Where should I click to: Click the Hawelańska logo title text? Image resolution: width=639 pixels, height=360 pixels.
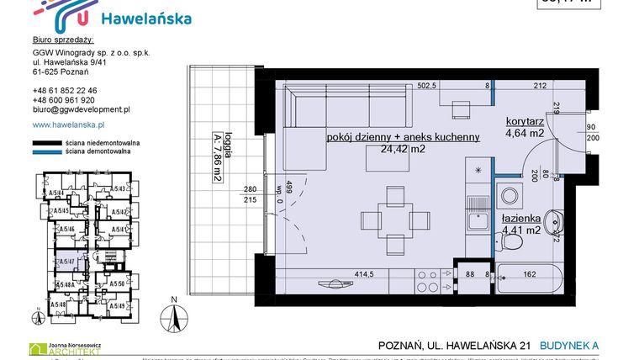coord(145,19)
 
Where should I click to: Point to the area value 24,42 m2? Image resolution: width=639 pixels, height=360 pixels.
coord(404,151)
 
